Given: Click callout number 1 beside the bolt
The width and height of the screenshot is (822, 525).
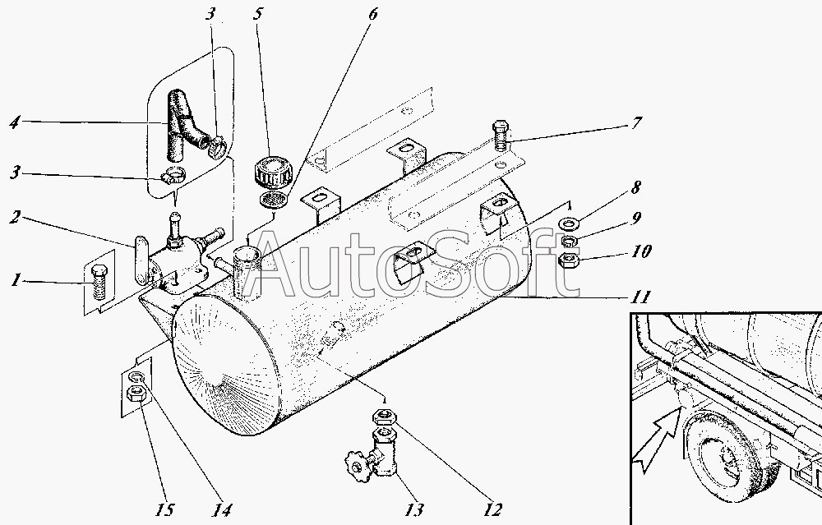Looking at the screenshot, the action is (x=15, y=281).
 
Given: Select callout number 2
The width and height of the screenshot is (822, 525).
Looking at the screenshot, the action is (x=15, y=219).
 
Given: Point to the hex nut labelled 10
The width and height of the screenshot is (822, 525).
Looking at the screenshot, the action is (x=567, y=263).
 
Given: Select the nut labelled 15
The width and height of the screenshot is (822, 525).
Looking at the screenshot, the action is (x=136, y=399).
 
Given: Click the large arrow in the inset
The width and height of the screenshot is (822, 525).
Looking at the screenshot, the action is (x=662, y=431).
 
